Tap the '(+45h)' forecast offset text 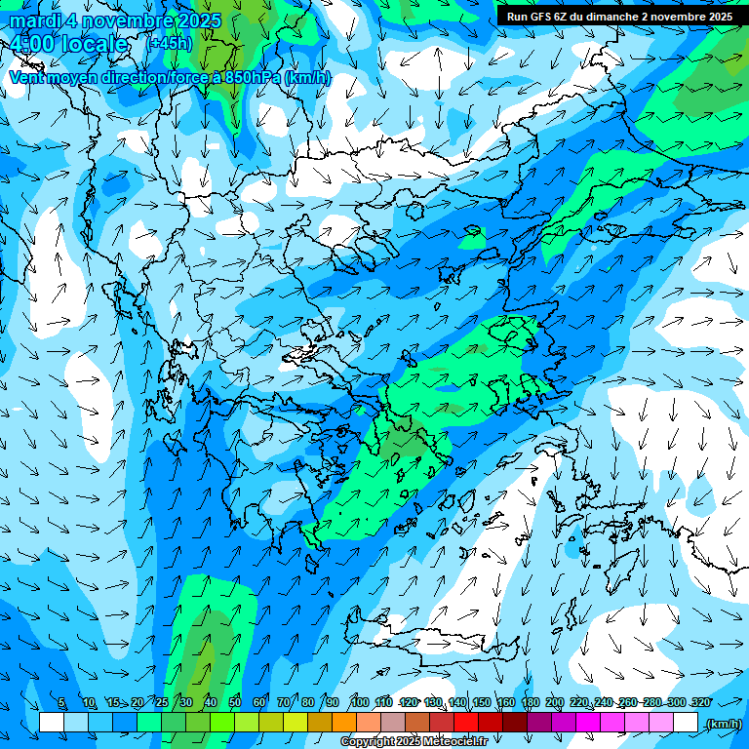(169, 44)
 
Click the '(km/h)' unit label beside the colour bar (723, 724)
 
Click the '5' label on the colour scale (60, 702)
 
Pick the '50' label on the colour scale (235, 702)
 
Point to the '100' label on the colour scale (359, 702)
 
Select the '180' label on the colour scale (530, 702)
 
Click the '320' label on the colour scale (700, 702)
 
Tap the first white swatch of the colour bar (52, 723)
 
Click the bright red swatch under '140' (466, 723)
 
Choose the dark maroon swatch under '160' (515, 723)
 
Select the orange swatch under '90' (344, 723)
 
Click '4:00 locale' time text (68, 45)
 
